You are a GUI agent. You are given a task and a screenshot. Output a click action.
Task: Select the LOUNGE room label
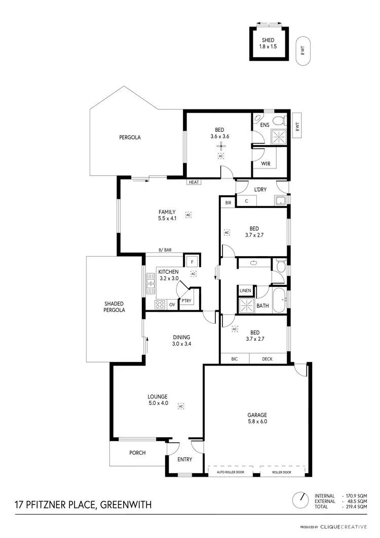tap(158, 400)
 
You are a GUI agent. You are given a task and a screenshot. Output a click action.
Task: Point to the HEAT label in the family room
tap(193, 182)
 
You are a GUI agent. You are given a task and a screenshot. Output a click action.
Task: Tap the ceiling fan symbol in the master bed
tap(220, 147)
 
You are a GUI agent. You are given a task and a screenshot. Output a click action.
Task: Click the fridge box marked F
tap(191, 262)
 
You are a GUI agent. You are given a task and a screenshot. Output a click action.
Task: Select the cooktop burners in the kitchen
tap(160, 304)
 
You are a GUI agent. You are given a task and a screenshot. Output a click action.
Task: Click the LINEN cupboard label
tap(246, 291)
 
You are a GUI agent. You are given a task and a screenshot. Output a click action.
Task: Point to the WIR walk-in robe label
tap(265, 164)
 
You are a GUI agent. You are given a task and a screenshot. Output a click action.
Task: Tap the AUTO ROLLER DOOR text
tap(231, 472)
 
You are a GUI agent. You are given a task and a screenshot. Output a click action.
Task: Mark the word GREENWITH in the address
tap(126, 505)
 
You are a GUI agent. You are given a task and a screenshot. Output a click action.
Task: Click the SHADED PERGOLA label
tap(115, 307)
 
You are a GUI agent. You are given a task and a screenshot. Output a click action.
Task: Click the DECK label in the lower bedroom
tap(268, 359)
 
